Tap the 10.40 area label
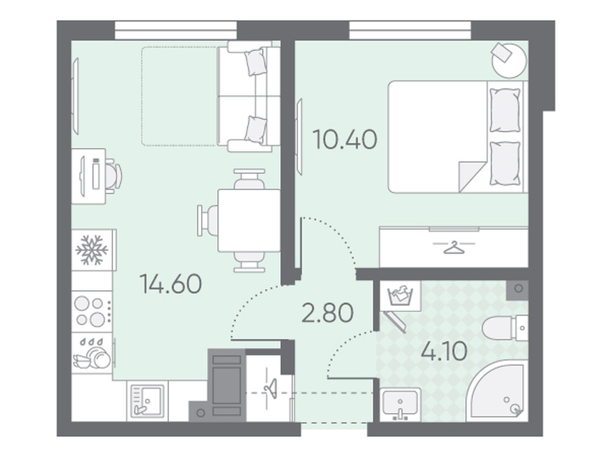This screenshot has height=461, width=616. [345, 140]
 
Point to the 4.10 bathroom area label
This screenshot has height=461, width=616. [444, 351]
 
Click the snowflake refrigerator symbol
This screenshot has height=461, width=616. [92, 250]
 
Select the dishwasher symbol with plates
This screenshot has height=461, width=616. [92, 353]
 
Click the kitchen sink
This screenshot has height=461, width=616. [147, 401]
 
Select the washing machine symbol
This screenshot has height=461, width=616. [400, 296]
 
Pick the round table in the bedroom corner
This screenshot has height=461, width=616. [509, 60]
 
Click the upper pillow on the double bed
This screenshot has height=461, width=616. [505, 110]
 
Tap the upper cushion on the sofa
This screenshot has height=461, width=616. [255, 62]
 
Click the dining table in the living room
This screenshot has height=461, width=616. [249, 221]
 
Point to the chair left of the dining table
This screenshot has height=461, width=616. [208, 221]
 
